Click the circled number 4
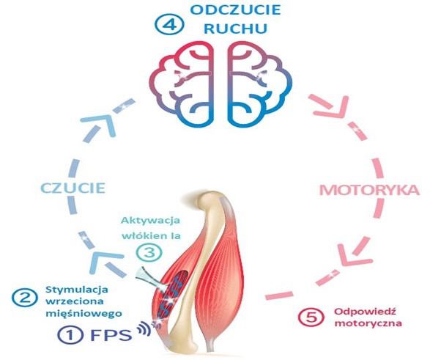169,25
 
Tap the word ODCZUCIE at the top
236,10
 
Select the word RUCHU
236,29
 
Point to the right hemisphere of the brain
259,84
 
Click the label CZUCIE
73,188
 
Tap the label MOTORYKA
370,190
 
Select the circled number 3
149,252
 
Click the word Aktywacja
151,221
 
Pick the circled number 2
25,298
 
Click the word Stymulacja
77,290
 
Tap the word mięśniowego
84,313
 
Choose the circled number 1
70,335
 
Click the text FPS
111,335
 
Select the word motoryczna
368,323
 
